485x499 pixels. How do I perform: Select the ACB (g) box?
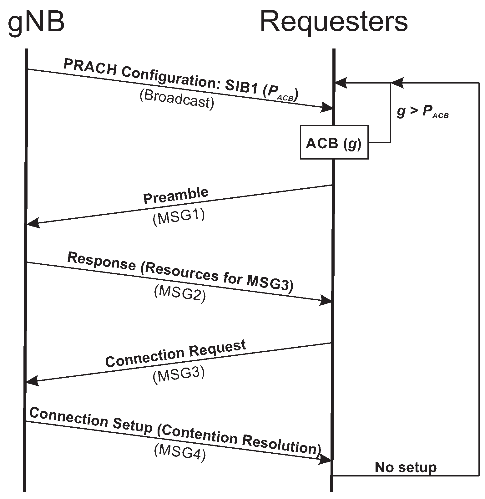(x=334, y=143)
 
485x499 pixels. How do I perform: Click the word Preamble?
(x=176, y=196)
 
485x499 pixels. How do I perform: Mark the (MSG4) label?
(x=180, y=452)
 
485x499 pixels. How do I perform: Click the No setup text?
(x=405, y=467)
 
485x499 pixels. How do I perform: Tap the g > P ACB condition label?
(x=422, y=112)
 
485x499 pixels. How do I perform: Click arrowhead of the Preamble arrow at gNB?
(x=32, y=223)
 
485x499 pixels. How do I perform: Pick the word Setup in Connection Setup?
(x=132, y=426)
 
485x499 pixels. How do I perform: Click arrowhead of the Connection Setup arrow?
(x=326, y=459)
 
